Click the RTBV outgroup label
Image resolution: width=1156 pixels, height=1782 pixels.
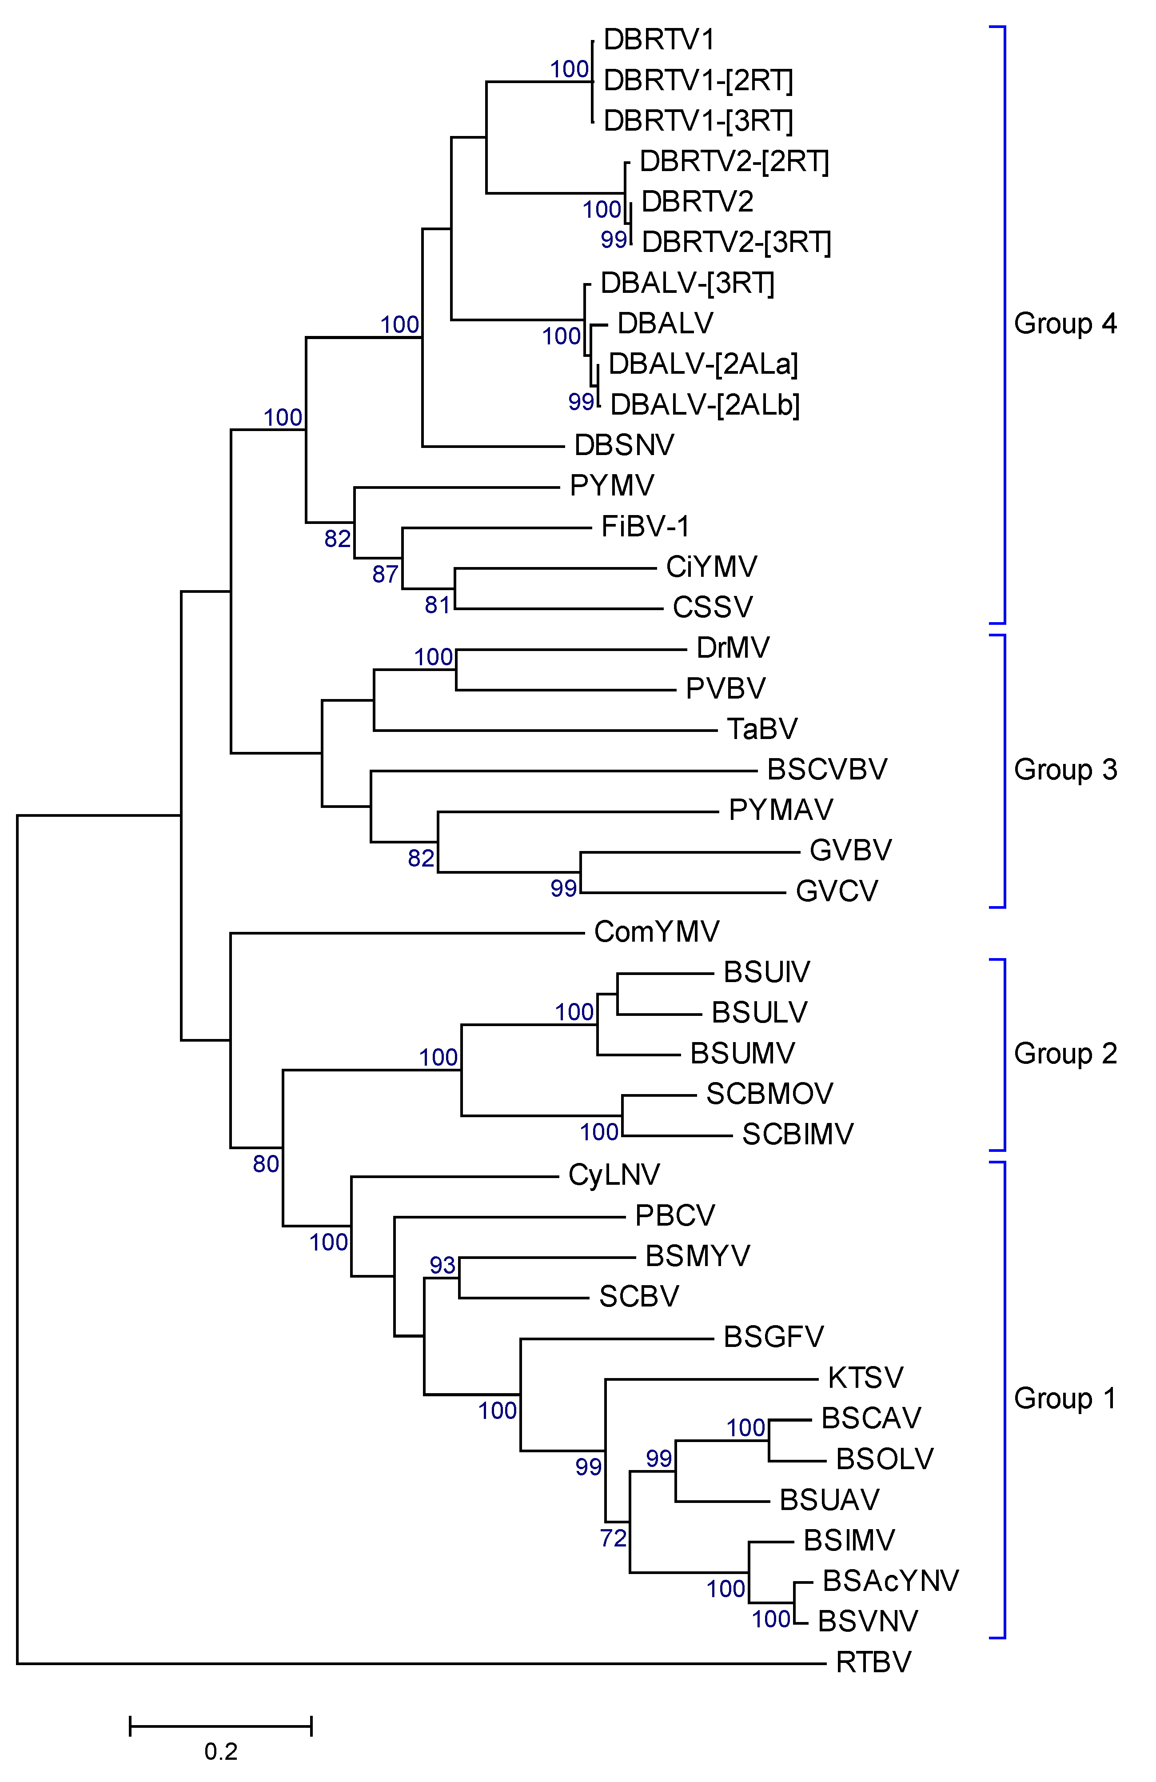click(x=873, y=1662)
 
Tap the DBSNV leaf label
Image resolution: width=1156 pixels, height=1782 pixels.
click(x=624, y=445)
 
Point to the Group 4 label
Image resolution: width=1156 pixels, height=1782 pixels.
click(x=1064, y=324)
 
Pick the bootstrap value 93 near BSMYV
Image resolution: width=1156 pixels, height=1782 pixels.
click(x=442, y=1265)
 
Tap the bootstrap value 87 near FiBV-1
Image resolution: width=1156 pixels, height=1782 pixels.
click(x=386, y=574)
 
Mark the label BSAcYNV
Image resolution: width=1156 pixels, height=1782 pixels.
click(x=890, y=1581)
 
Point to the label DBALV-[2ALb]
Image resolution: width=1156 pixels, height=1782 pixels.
click(x=705, y=404)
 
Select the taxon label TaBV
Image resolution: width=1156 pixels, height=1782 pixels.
click(x=762, y=728)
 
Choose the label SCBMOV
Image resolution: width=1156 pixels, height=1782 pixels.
click(x=769, y=1094)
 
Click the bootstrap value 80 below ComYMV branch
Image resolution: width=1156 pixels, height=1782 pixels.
click(x=266, y=1163)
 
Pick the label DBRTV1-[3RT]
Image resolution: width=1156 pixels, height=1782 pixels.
click(x=698, y=120)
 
